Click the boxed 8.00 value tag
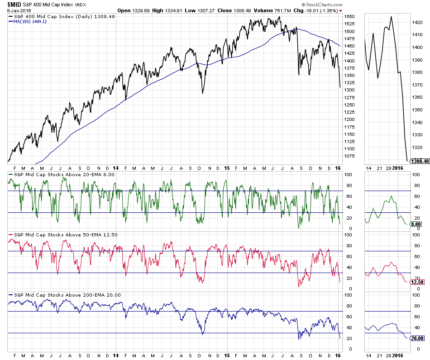click(416, 224)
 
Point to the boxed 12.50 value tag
click(417, 282)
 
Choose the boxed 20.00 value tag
click(417, 338)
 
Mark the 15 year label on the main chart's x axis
click(227, 168)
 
